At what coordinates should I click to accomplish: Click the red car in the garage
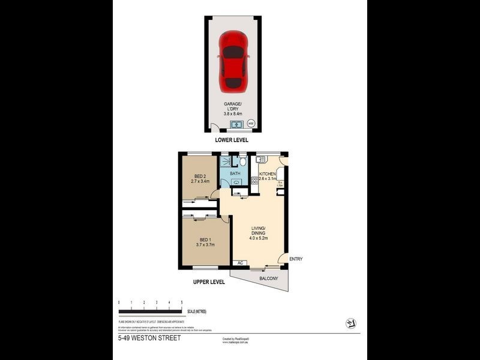tap(233, 61)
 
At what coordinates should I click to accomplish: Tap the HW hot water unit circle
tap(251, 124)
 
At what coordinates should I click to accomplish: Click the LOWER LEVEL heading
tap(232, 140)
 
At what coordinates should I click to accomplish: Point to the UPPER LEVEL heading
tap(209, 281)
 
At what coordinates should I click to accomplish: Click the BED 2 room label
tap(200, 178)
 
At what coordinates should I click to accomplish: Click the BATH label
tap(235, 174)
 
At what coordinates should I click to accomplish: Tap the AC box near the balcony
tap(240, 263)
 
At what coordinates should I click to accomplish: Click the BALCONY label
tap(268, 279)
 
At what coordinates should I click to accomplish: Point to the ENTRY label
tap(296, 259)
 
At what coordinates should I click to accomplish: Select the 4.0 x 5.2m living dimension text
tap(259, 237)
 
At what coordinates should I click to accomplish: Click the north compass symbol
tap(351, 323)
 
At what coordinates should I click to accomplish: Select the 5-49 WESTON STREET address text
tap(149, 338)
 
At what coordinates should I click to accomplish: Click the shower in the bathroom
tap(225, 162)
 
